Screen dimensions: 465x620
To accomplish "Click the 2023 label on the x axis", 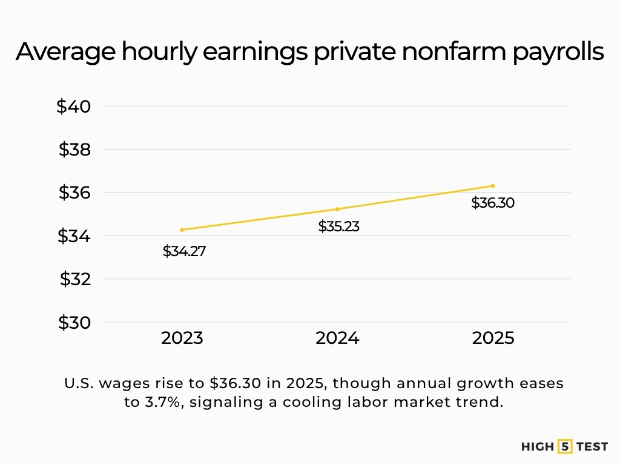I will coord(182,338).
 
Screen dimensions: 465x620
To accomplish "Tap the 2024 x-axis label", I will coord(337,338).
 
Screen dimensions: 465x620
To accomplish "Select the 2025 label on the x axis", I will coord(493,338).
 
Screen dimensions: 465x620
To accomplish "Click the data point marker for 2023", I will coord(182,229).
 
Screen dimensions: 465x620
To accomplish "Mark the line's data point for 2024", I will coord(337,209).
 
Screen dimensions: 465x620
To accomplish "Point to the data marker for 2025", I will coord(493,186).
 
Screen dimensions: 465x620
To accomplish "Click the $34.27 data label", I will coord(184,251).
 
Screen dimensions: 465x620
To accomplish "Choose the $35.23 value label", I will coord(339,227).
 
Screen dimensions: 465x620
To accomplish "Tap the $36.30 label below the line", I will coord(493,203).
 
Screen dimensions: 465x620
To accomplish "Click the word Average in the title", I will coord(65,53).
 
